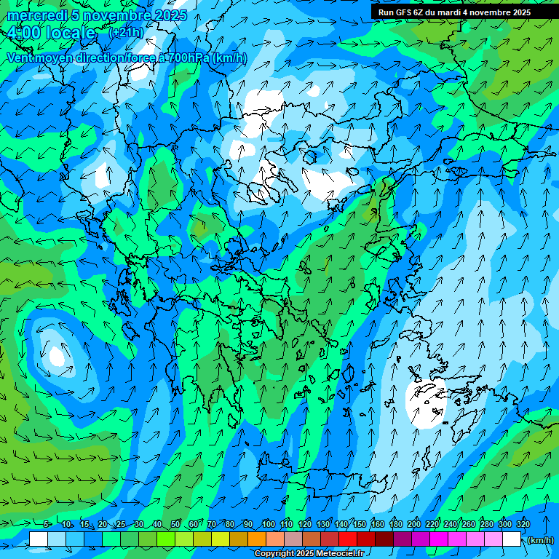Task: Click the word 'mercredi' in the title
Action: [32, 15]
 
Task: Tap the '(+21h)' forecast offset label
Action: [125, 33]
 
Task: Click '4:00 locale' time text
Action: [51, 33]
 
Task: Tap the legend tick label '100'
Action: [268, 524]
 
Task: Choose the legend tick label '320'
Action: [523, 524]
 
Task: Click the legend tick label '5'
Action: [47, 524]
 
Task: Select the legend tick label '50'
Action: [175, 524]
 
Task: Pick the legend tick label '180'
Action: [396, 524]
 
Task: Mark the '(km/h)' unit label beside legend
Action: [540, 540]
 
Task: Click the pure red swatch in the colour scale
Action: [349, 539]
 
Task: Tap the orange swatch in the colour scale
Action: [257, 539]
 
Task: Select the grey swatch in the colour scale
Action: [293, 539]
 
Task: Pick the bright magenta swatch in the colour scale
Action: [440, 539]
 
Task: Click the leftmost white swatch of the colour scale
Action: [38, 539]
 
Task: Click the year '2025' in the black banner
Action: [518, 12]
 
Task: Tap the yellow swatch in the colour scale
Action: [202, 539]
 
